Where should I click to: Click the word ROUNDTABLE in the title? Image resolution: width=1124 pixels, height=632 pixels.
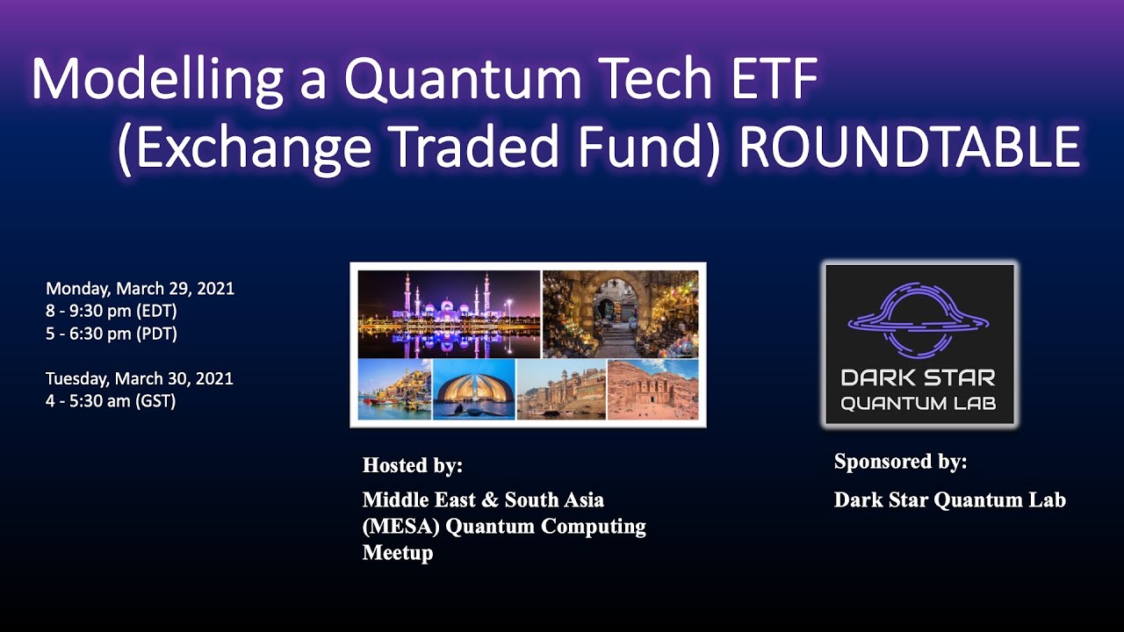pyautogui.click(x=909, y=147)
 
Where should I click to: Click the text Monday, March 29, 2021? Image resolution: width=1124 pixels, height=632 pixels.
pyautogui.click(x=140, y=289)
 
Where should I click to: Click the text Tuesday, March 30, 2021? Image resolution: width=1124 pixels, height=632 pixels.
pyautogui.click(x=140, y=379)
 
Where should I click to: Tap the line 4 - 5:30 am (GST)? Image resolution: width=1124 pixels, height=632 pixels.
pyautogui.click(x=111, y=402)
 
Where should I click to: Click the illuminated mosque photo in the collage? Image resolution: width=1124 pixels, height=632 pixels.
pyautogui.click(x=449, y=313)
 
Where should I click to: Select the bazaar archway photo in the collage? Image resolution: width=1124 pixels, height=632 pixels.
pyautogui.click(x=620, y=313)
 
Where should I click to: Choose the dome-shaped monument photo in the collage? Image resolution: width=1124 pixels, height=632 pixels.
pyautogui.click(x=474, y=389)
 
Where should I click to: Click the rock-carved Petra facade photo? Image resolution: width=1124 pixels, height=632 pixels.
pyautogui.click(x=652, y=389)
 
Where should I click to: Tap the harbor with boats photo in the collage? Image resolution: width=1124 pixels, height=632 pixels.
pyautogui.click(x=394, y=389)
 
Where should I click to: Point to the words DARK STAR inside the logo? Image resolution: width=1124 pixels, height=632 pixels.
pyautogui.click(x=919, y=378)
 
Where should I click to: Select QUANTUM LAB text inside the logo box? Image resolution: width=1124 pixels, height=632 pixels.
pyautogui.click(x=919, y=404)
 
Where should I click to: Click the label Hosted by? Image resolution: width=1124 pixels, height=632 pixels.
pyautogui.click(x=412, y=465)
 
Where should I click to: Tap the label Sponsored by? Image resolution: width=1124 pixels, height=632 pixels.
pyautogui.click(x=900, y=462)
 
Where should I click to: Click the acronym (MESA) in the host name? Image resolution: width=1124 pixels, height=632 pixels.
pyautogui.click(x=395, y=527)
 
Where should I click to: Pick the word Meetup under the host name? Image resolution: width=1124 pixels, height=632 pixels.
pyautogui.click(x=397, y=553)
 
